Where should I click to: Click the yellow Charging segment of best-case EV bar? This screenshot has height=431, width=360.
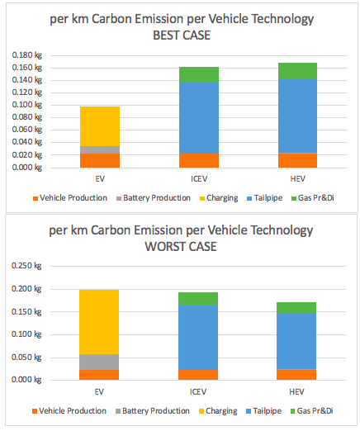coord(100,126)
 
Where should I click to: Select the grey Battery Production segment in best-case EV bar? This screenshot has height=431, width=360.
coord(100,149)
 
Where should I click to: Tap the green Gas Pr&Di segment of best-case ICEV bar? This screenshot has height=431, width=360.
coord(199,74)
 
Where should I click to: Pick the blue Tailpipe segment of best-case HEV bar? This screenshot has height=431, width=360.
coord(297,116)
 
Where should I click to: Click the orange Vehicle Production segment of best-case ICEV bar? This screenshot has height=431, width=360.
coord(199,160)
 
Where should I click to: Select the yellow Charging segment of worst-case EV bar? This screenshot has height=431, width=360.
coord(100,322)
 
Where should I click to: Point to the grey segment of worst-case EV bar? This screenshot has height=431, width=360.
coord(100,362)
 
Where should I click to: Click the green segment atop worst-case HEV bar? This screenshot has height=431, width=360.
coord(297,307)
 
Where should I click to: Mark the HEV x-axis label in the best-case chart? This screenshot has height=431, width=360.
coord(297,177)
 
